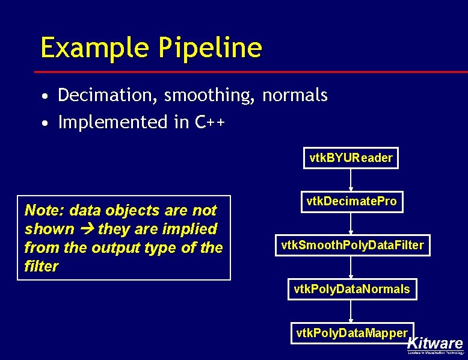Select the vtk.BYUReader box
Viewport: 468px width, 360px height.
point(351,158)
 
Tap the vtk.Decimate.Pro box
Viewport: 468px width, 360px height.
point(351,202)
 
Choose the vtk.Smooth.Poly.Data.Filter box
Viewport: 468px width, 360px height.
point(353,245)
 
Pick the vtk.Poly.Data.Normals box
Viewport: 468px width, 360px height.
point(351,289)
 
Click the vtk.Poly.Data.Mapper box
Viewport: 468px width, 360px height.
point(351,333)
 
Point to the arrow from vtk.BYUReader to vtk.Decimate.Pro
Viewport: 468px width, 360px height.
point(351,180)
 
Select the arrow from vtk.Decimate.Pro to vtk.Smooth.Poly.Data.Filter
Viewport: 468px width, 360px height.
point(351,223)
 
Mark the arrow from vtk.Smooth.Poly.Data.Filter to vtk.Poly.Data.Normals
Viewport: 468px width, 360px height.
point(351,267)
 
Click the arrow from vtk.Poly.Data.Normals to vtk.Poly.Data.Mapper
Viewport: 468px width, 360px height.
point(351,311)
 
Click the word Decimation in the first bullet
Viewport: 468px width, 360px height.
point(108,95)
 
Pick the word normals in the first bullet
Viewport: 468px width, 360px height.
point(295,95)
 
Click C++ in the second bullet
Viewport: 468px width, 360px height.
point(210,122)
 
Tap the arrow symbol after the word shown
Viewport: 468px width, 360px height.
point(85,229)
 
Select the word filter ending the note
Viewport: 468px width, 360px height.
point(42,266)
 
